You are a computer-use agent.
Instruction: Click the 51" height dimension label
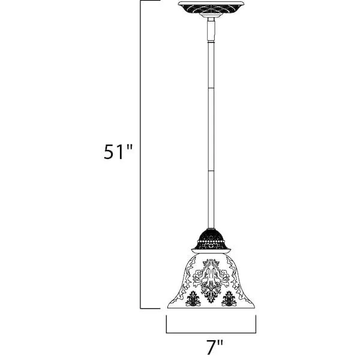point(118,152)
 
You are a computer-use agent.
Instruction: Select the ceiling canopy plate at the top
point(211,8)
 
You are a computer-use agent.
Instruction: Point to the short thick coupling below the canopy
point(211,29)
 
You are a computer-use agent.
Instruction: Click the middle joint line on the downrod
point(211,88)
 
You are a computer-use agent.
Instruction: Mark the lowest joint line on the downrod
point(211,170)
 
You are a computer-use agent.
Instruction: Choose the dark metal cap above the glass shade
point(211,241)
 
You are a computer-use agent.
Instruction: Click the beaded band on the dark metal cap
point(211,241)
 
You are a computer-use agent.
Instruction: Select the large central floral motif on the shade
point(211,279)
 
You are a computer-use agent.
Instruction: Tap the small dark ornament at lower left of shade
point(193,298)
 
